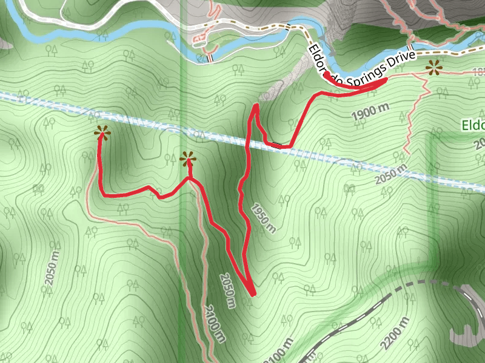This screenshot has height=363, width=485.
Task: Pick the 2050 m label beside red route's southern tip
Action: [226, 290]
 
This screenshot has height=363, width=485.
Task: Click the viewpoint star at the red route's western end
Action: [102, 132]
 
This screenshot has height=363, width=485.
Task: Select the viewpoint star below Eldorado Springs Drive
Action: [433, 68]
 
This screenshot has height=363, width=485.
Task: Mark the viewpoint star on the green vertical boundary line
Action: [189, 159]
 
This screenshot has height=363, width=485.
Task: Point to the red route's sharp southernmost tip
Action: [253, 295]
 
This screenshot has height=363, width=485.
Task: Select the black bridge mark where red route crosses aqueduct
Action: [277, 145]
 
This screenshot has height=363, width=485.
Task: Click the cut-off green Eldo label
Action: [473, 126]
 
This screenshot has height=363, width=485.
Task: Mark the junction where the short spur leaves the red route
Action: [190, 179]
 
